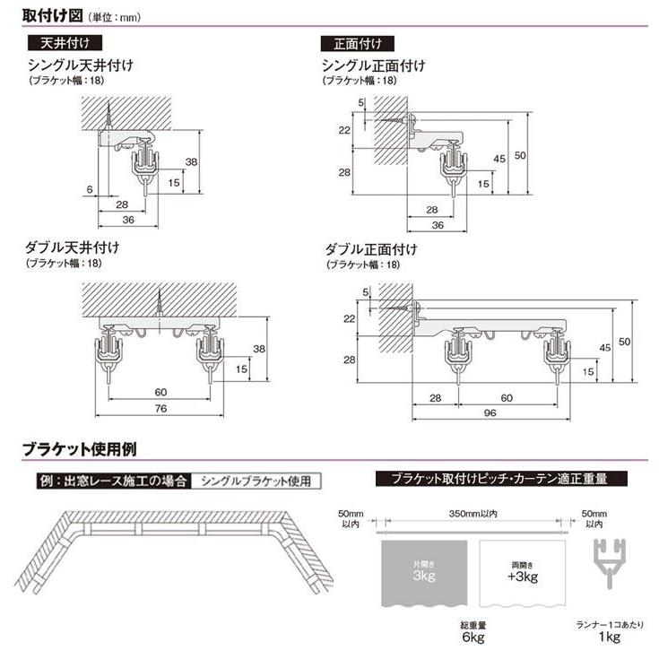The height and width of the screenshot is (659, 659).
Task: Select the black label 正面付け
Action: [x=358, y=43]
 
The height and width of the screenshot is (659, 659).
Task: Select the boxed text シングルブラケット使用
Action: [x=256, y=481]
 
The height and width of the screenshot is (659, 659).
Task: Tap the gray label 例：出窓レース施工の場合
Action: [x=112, y=481]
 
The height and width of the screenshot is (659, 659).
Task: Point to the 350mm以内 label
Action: [x=475, y=514]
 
